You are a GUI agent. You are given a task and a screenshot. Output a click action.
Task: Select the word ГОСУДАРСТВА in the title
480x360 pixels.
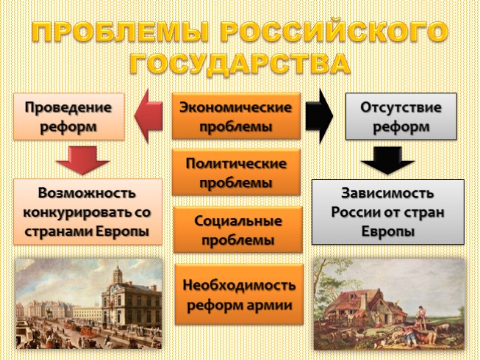click(x=240, y=64)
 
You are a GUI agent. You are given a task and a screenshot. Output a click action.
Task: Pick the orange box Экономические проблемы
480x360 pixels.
click(x=236, y=116)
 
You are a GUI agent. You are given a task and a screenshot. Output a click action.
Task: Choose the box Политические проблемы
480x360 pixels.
click(x=236, y=173)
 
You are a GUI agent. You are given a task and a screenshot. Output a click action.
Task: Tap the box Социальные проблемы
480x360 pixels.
click(x=236, y=229)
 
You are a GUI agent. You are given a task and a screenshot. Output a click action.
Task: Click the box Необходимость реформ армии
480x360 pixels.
click(x=236, y=294)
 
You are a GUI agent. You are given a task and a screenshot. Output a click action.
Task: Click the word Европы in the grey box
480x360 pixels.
click(x=387, y=231)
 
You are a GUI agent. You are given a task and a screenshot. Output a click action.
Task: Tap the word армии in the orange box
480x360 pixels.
click(x=268, y=303)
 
